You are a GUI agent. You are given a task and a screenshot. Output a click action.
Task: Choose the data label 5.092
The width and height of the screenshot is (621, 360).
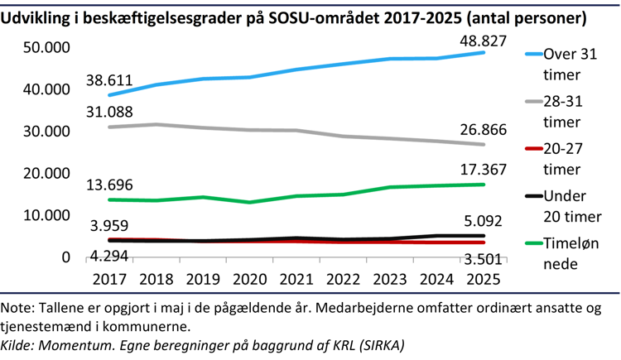[484, 221]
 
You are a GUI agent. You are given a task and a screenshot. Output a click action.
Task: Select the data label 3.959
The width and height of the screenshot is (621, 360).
[111, 225]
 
